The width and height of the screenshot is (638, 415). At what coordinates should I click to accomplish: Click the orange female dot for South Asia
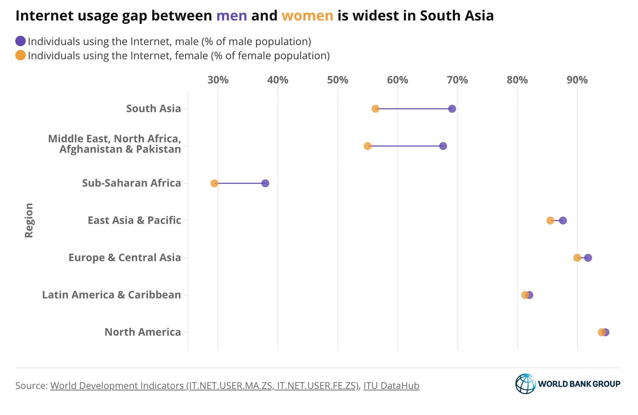point(375,109)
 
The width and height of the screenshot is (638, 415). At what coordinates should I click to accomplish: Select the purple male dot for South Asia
point(452,109)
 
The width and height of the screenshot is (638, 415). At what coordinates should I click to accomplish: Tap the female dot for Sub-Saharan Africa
point(214,183)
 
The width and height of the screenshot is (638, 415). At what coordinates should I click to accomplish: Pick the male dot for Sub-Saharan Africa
point(265,183)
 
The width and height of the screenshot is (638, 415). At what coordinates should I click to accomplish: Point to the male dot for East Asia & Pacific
point(563,221)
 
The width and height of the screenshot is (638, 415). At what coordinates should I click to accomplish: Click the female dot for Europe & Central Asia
point(577,258)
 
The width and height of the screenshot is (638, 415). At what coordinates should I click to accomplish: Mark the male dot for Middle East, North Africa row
point(443,146)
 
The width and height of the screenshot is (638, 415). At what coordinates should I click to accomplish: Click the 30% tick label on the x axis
point(218,80)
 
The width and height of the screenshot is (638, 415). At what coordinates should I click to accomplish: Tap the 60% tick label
point(398,80)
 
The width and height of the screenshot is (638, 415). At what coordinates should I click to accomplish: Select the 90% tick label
point(577,80)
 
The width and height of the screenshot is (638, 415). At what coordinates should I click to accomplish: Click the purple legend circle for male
point(20,41)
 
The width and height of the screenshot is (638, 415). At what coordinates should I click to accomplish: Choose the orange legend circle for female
point(20,56)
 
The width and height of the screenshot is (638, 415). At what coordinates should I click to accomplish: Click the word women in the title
point(307,16)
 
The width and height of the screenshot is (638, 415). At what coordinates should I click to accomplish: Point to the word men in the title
point(231,16)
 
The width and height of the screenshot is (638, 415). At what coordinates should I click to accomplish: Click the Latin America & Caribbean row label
point(111,295)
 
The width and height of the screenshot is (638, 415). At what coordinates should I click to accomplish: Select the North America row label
point(143,332)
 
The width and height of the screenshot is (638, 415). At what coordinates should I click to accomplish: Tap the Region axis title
point(29,220)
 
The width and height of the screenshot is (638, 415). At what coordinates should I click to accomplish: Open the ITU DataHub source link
point(391,386)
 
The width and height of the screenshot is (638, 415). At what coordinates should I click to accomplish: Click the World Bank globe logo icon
point(525,384)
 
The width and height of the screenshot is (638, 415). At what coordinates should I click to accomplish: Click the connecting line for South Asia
point(414,109)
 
